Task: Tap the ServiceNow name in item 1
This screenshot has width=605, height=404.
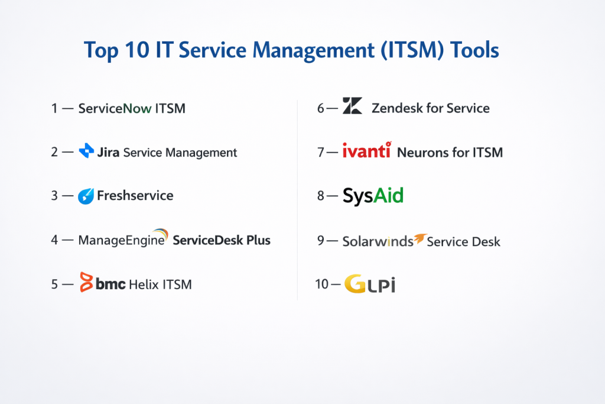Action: (115, 108)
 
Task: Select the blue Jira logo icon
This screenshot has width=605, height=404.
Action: (86, 151)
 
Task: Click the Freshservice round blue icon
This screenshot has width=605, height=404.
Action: (86, 196)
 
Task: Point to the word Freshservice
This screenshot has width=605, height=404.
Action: (135, 195)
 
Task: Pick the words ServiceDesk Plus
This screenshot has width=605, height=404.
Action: (222, 240)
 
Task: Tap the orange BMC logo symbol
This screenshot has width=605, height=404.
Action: (86, 282)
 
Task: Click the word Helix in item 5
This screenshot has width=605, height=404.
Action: (144, 285)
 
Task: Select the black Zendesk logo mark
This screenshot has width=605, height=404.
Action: (352, 105)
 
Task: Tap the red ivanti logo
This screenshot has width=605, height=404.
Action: (367, 150)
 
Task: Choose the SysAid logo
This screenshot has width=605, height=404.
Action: (373, 196)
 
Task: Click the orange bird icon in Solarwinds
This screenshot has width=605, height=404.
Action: (420, 239)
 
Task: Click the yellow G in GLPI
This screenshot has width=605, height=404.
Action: (355, 284)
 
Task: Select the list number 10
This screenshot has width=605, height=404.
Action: (322, 284)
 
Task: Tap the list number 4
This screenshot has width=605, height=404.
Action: (54, 240)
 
